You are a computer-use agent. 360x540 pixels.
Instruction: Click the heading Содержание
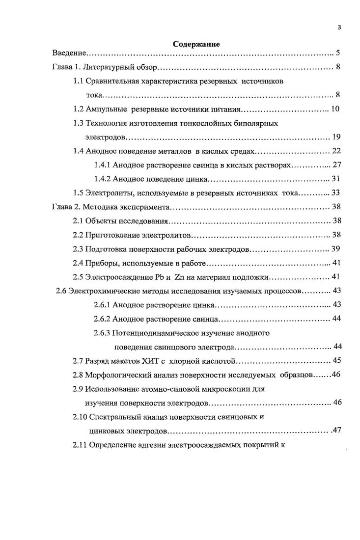point(196,44)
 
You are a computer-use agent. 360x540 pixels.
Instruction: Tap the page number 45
point(336,361)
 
